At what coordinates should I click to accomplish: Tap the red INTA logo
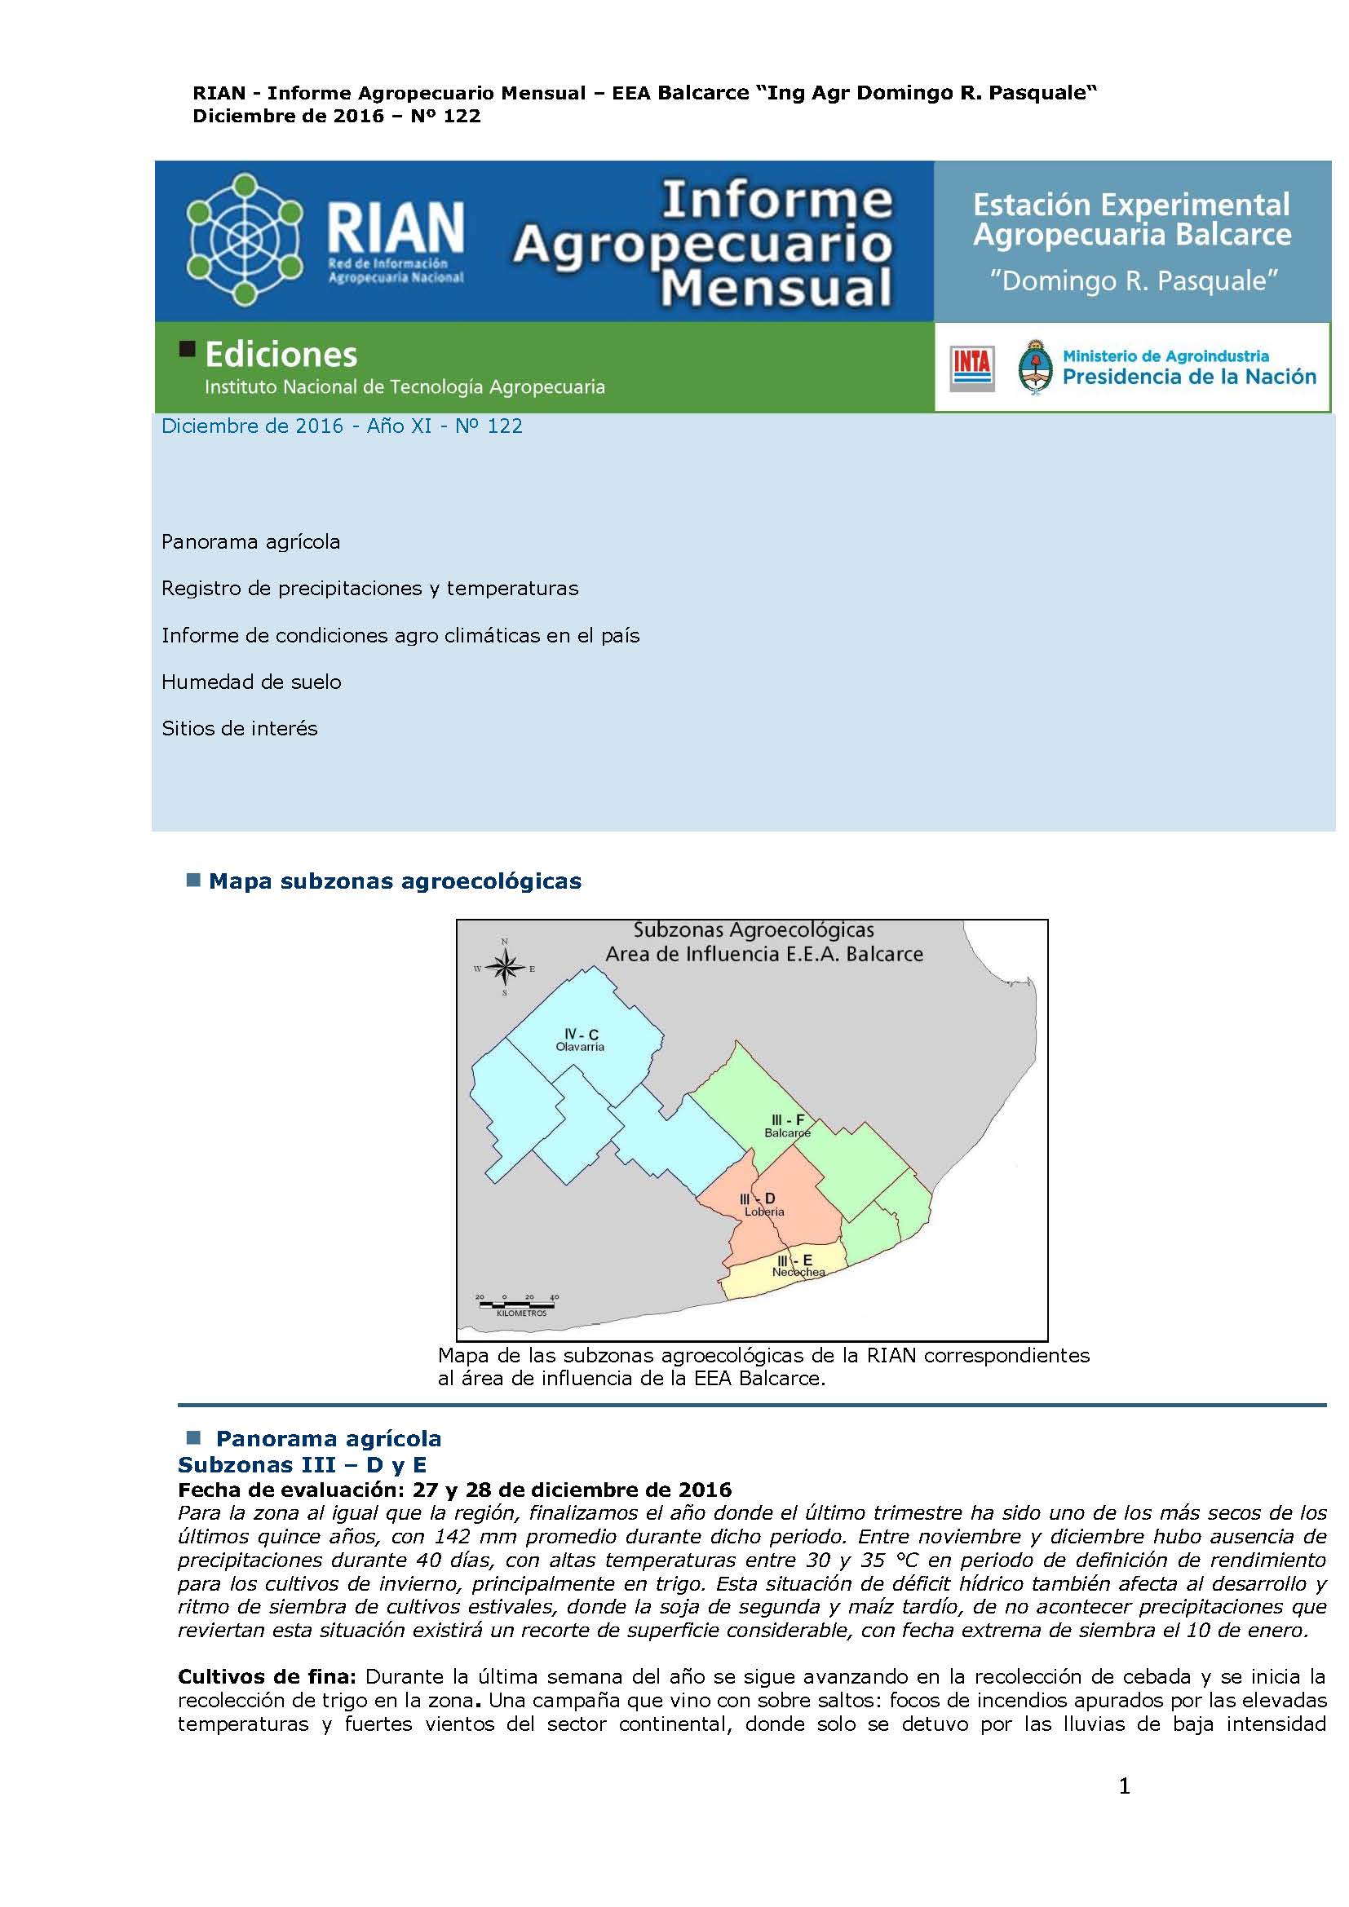coord(972,368)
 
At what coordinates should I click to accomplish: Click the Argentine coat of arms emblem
coord(1034,366)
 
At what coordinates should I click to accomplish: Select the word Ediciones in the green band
coord(281,355)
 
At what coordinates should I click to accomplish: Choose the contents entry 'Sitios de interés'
coord(239,728)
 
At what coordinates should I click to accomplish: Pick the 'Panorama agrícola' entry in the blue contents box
coord(251,541)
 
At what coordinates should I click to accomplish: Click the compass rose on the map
coord(504,967)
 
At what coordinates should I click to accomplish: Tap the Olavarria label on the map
coord(580,1047)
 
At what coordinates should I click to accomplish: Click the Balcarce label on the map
coord(788,1132)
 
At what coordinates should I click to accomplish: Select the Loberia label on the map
coord(764,1211)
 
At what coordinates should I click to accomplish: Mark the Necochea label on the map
coord(798,1272)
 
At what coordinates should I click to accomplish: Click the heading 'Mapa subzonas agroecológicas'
coord(395,881)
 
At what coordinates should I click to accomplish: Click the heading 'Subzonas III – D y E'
coord(303,1463)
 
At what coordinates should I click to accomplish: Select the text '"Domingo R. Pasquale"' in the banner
coord(1131,280)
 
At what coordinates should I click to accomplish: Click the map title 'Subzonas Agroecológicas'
coord(754,930)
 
